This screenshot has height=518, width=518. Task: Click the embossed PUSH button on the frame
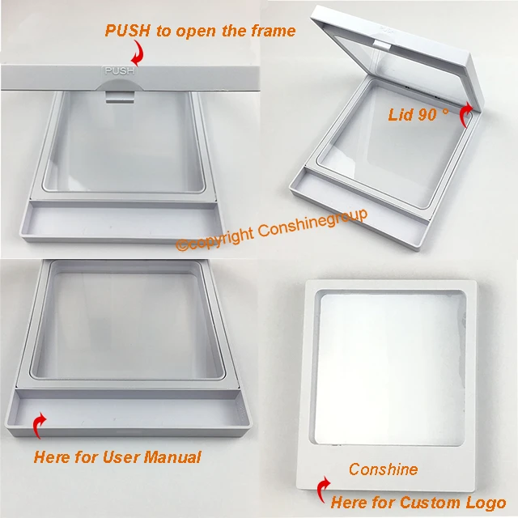[x=120, y=71]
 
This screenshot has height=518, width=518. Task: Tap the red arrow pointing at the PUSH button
[x=138, y=52]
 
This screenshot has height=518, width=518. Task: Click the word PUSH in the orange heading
[x=128, y=31]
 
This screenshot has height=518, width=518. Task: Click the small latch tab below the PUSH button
[x=120, y=97]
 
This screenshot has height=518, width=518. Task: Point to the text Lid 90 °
[x=418, y=115]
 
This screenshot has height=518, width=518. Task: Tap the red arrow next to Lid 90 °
[x=466, y=114]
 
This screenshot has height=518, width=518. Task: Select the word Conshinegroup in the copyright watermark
[x=312, y=223]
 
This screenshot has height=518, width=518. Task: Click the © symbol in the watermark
[x=182, y=244]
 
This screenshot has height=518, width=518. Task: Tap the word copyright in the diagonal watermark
[x=221, y=237]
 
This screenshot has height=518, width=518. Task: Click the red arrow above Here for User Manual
[x=40, y=425]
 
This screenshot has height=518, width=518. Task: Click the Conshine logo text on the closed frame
[x=383, y=469]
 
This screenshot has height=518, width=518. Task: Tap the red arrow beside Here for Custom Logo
[x=323, y=490]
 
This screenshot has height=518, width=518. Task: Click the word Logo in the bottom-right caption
[x=486, y=503]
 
